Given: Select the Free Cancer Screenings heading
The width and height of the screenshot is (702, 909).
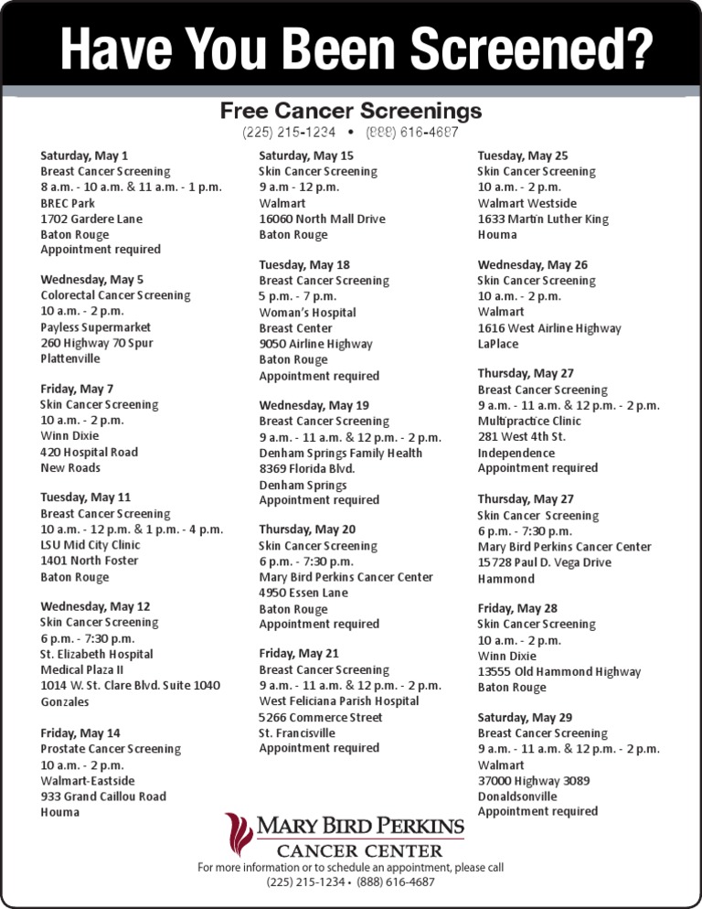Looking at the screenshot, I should (x=350, y=111).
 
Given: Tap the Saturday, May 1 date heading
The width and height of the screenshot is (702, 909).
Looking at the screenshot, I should (x=84, y=155).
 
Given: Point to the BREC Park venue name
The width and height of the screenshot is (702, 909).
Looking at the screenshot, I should (x=68, y=203).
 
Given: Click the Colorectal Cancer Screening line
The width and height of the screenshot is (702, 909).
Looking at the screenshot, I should (x=115, y=295).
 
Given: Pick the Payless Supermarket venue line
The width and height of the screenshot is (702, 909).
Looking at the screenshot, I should (x=96, y=327).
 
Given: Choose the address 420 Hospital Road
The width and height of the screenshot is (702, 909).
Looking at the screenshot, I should (x=89, y=452).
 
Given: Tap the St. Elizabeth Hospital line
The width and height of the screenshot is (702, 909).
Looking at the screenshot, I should (x=96, y=655).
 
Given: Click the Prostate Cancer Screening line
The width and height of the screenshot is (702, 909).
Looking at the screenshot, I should (x=111, y=749).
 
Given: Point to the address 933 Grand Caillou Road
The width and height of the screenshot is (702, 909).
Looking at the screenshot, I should (x=103, y=797).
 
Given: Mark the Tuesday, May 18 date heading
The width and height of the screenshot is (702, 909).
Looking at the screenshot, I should (x=304, y=264).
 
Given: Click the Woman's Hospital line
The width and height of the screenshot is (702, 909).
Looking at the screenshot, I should (x=307, y=313).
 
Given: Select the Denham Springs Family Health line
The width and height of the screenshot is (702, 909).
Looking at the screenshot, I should (x=340, y=453).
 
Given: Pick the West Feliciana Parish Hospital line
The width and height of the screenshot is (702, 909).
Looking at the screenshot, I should (x=339, y=701).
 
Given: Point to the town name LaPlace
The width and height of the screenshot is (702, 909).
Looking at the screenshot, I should (x=497, y=344).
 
